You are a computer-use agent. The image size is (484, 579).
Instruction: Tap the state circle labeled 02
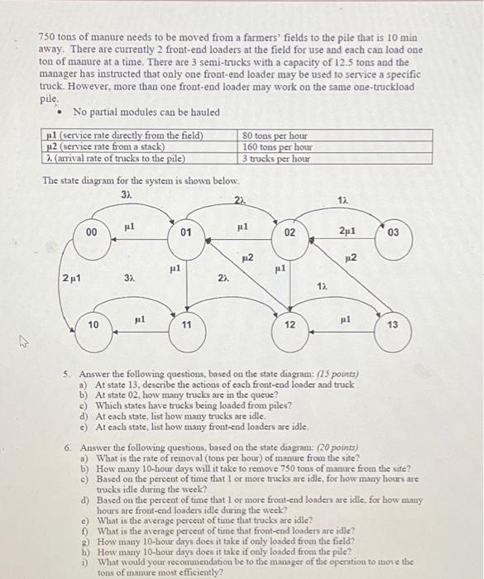click(290, 234)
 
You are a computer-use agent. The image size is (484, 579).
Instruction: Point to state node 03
click(392, 233)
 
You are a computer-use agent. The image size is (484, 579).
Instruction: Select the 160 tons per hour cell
click(274, 146)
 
